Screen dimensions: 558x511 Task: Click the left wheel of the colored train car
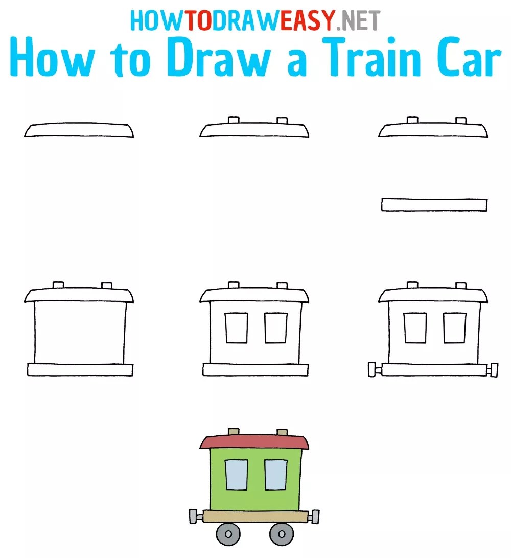[x=228, y=534]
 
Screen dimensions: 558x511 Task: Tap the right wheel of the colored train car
[x=281, y=534]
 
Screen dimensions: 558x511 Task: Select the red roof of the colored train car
[x=254, y=441]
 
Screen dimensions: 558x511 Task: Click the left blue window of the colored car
[x=236, y=475]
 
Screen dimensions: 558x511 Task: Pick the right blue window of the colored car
[x=276, y=475]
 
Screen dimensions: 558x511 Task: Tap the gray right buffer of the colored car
[x=315, y=517]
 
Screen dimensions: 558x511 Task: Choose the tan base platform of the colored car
[x=254, y=516]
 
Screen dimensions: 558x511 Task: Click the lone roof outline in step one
[x=79, y=130]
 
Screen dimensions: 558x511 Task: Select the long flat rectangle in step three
[x=434, y=205]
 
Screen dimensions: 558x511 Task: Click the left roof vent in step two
[x=234, y=120]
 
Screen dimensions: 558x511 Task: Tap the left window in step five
[x=236, y=328]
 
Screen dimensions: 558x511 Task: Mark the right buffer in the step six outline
[x=493, y=369]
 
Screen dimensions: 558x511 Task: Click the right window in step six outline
[x=454, y=328]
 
